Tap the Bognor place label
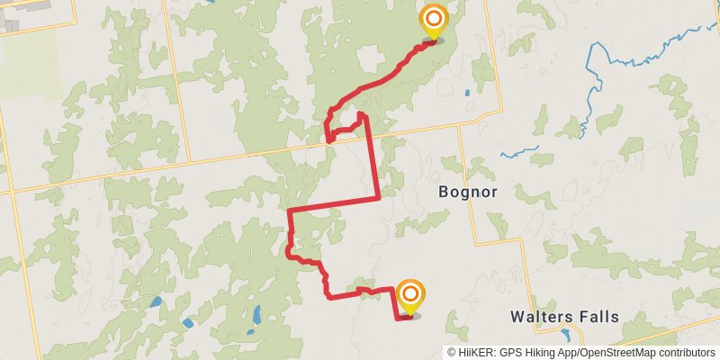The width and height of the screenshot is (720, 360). (467, 192)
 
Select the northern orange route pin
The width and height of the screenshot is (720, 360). (433, 20)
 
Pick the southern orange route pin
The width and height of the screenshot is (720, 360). (410, 295)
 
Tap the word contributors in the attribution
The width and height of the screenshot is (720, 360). (685, 353)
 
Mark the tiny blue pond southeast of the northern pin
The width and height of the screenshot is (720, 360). (467, 94)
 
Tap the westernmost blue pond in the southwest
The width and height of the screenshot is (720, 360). (155, 302)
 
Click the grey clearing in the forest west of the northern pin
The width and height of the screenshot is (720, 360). (369, 59)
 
